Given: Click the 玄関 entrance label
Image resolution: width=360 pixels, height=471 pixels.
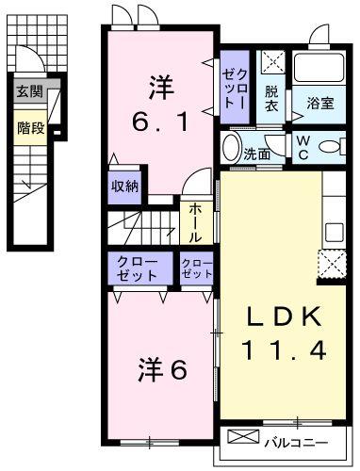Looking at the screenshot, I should pos(28,92).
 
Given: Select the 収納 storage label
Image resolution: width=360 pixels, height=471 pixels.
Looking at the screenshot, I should pos(124,186).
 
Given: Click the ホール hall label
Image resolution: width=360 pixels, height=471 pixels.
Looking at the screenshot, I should pos(195,221).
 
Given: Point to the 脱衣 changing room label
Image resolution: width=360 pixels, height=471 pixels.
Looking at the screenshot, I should pos(272,98).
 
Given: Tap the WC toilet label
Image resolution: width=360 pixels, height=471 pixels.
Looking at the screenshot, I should pos(303,148).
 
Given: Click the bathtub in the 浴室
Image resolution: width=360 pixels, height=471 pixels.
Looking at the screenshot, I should pos(320,68).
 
